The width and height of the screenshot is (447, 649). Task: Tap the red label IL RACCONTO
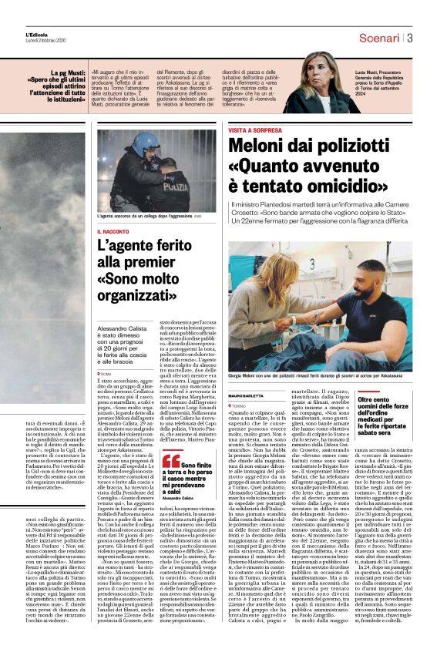113,231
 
